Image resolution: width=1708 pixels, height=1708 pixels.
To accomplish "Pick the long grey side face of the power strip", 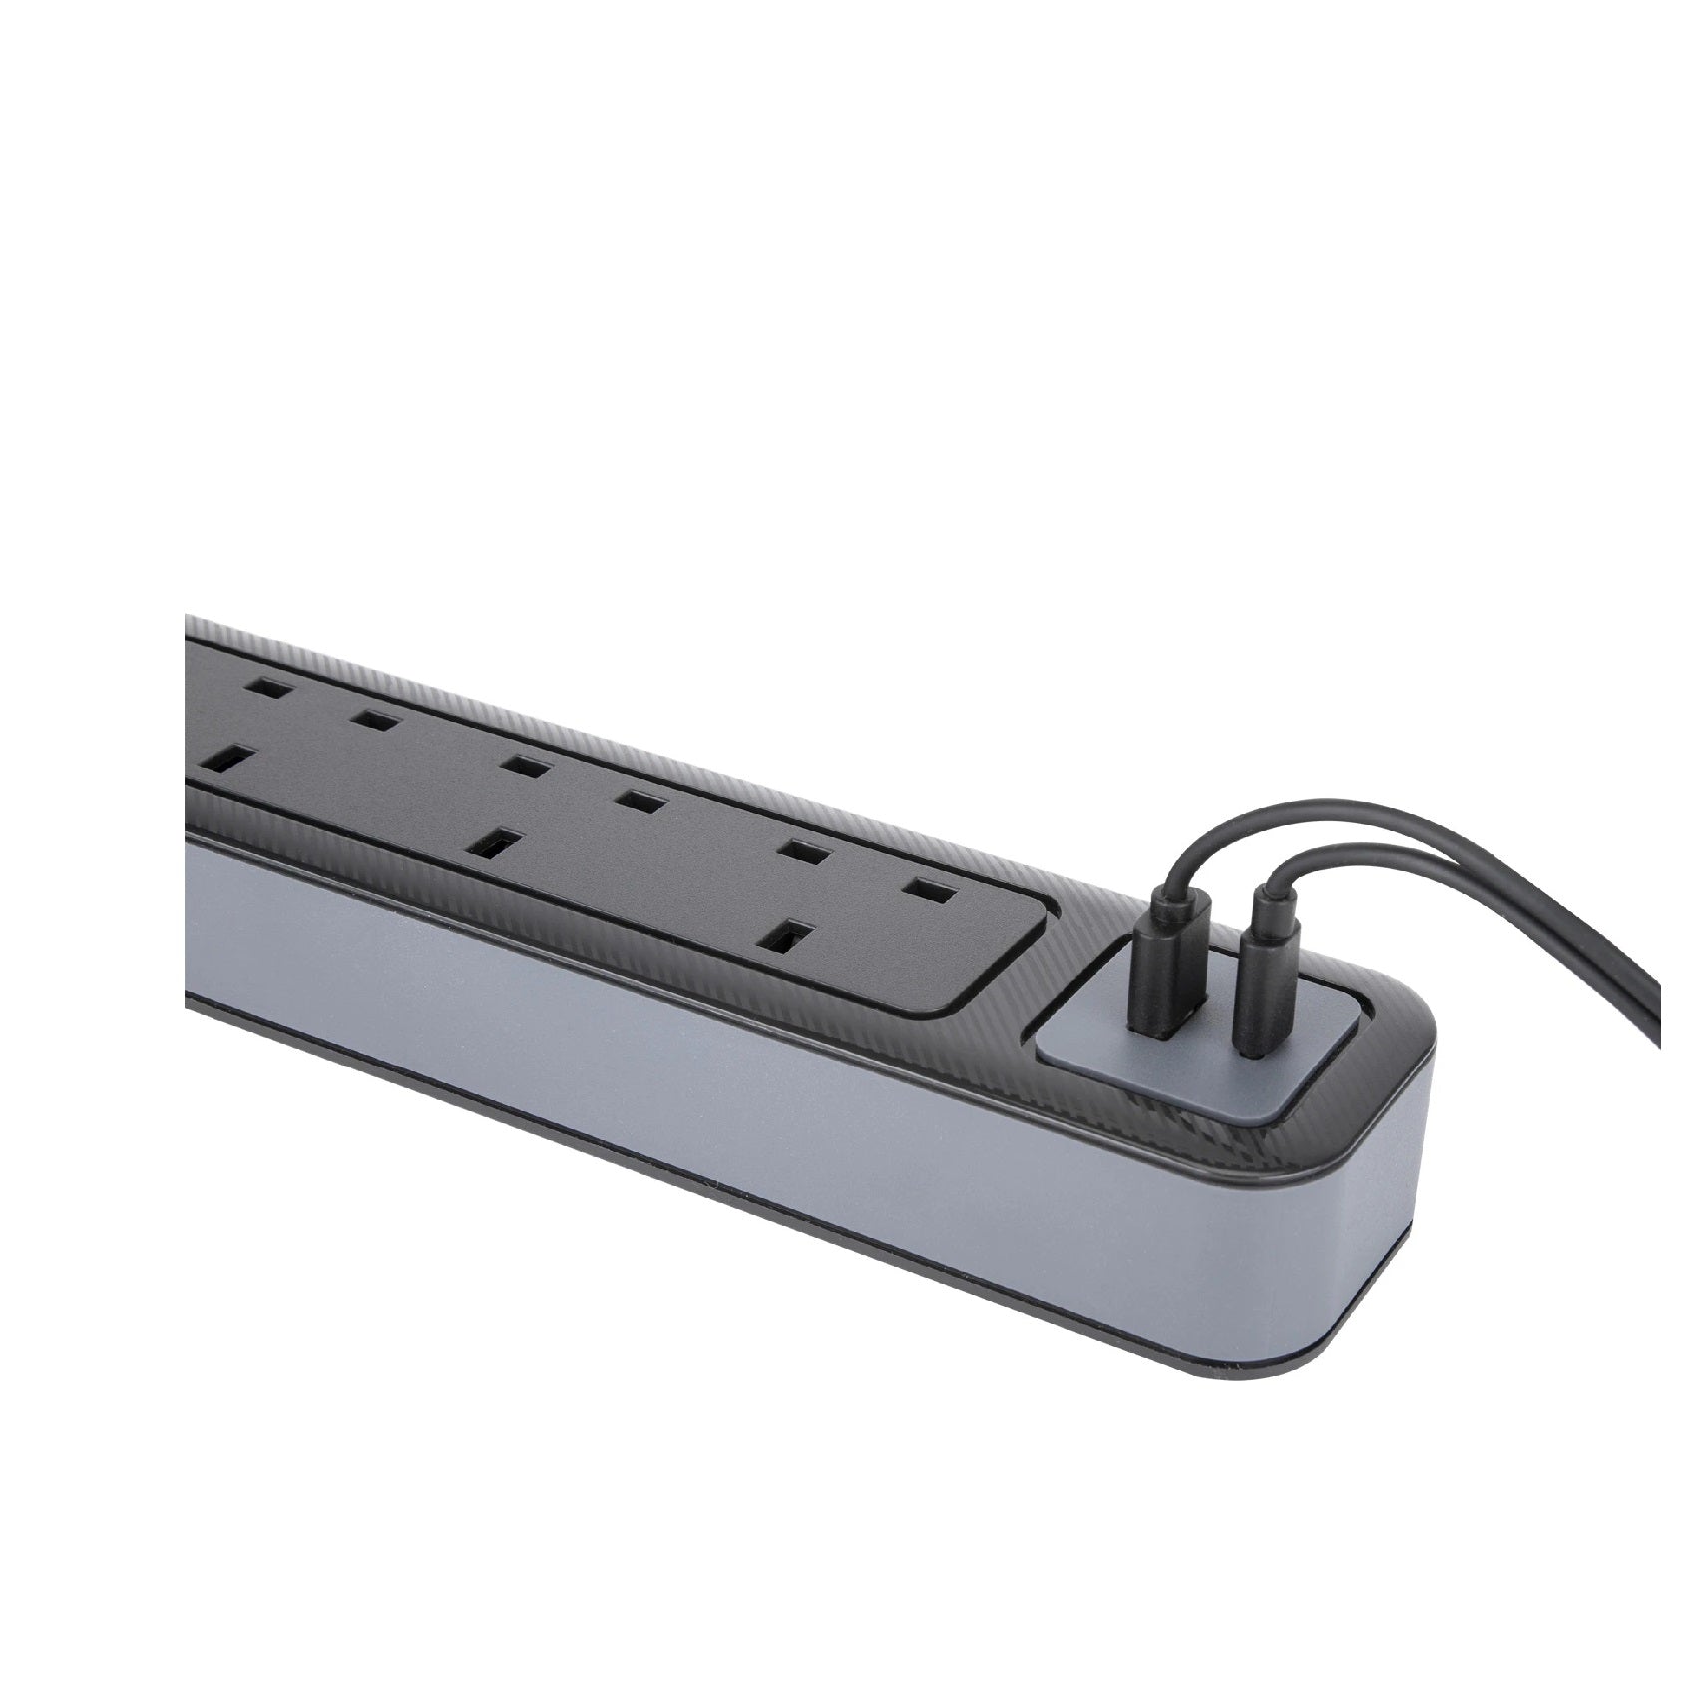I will click(698, 1077).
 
